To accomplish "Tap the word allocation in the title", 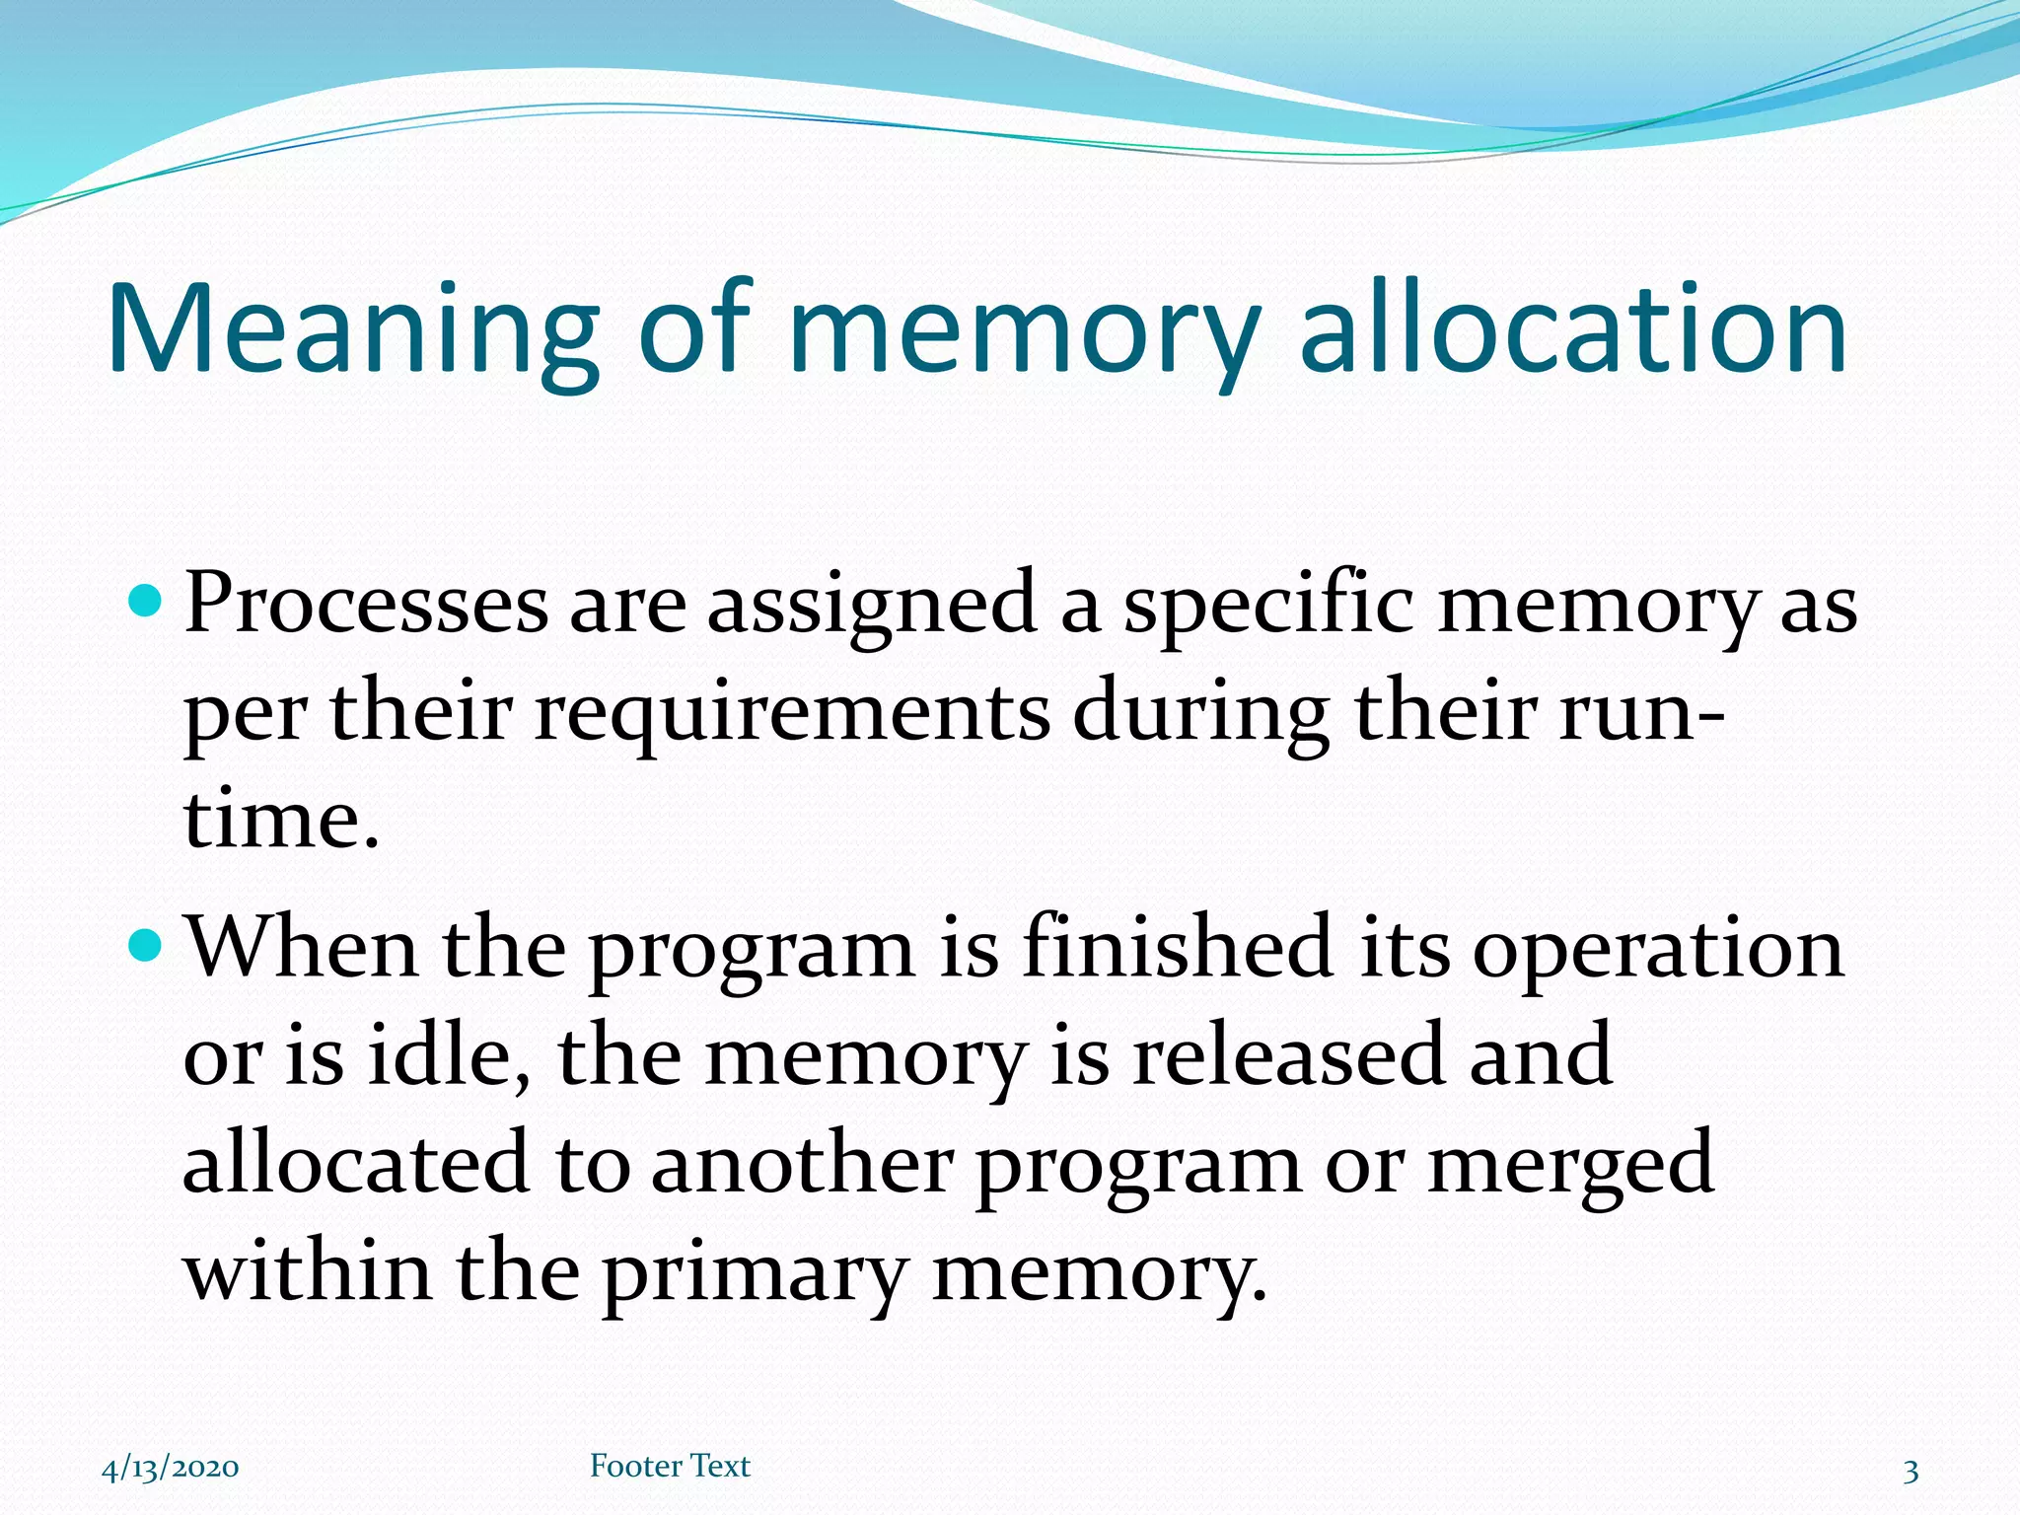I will coord(1572,330).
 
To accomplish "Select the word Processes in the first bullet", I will coord(366,604).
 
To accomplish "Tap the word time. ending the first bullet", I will coord(281,820).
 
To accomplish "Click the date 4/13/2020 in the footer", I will coord(170,1468).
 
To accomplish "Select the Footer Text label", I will coord(670,1466).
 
